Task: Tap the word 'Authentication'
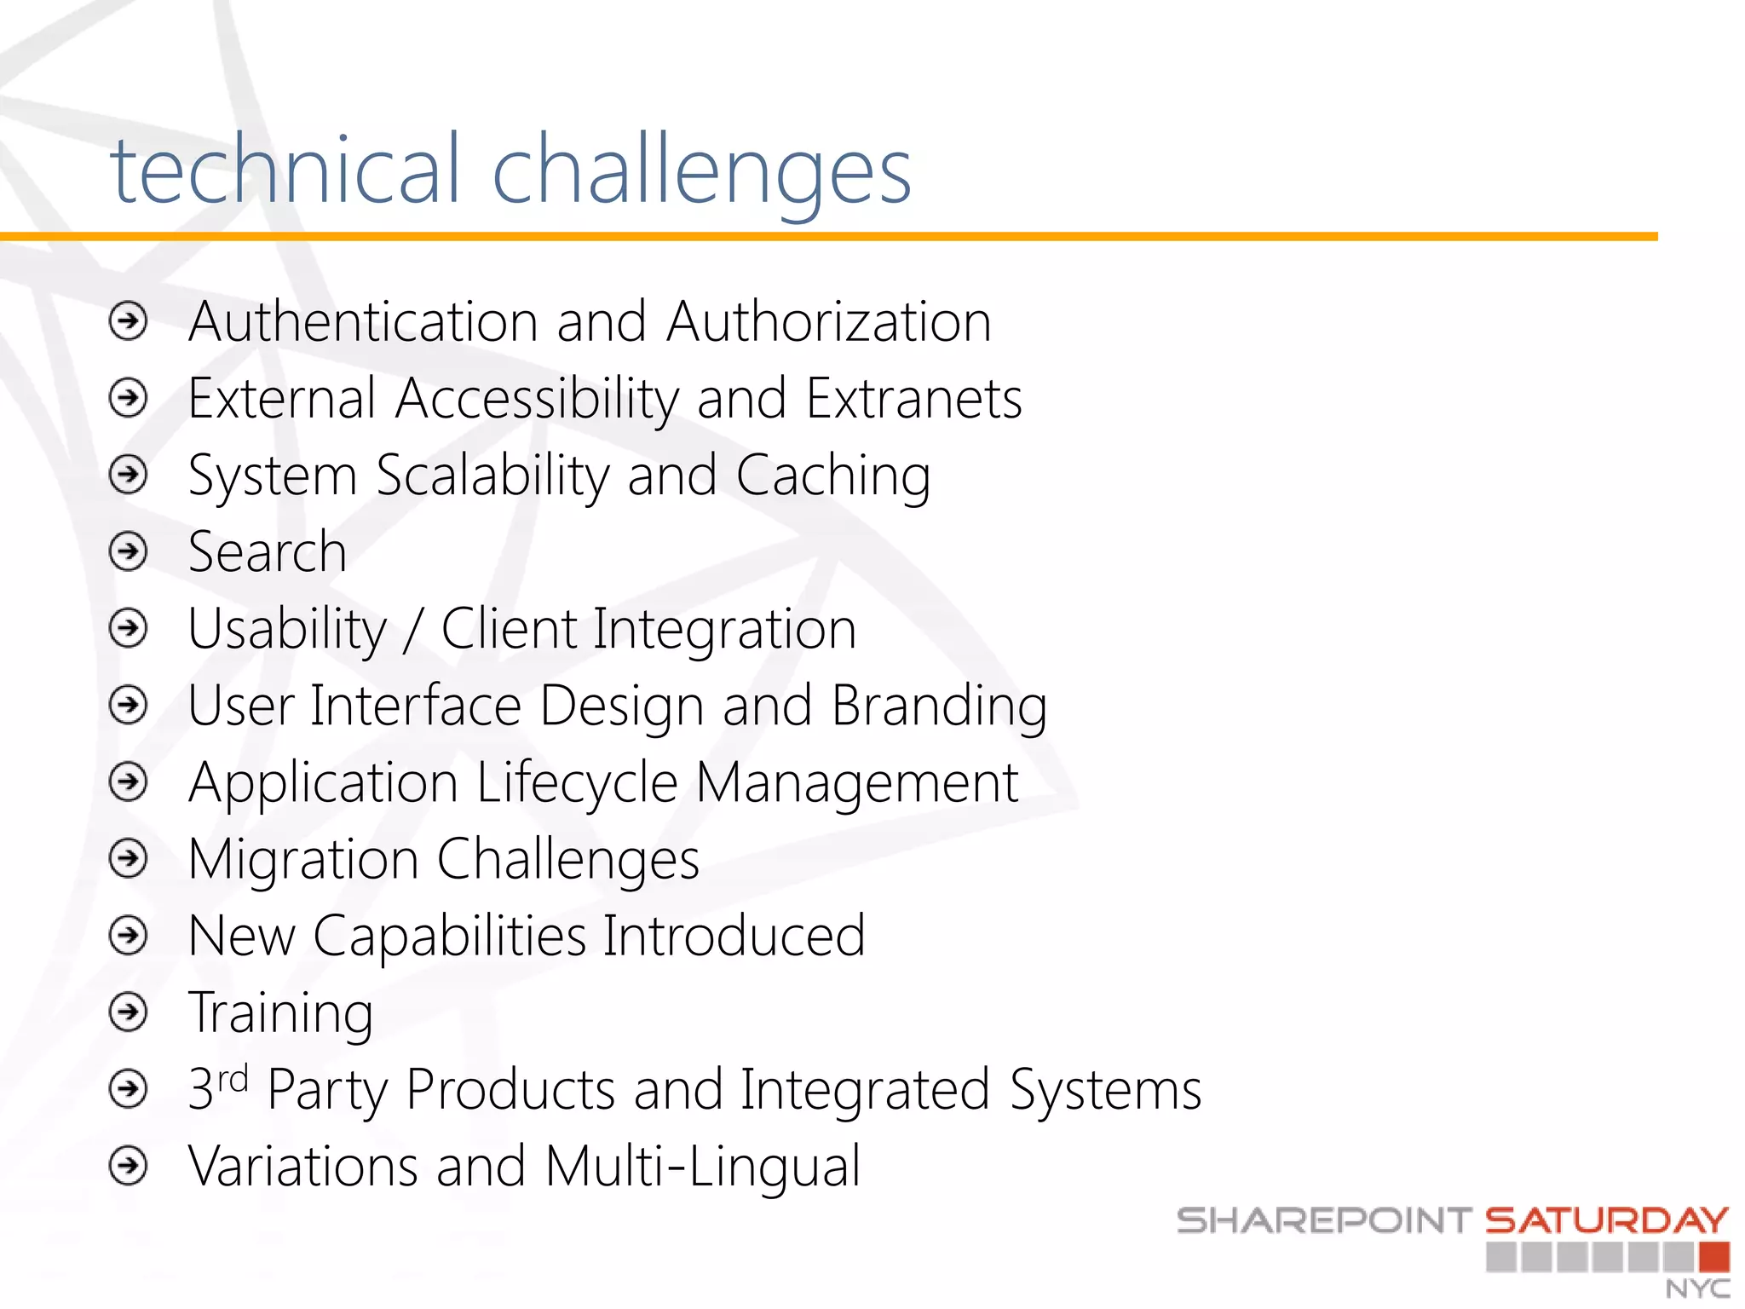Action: [x=363, y=322]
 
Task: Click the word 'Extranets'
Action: [x=913, y=399]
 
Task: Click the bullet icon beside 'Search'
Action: [x=129, y=551]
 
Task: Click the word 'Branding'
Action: [x=939, y=707]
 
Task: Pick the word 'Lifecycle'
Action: [x=577, y=783]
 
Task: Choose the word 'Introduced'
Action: [x=734, y=936]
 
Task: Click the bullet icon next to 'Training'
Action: [x=129, y=1012]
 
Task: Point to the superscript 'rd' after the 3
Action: [x=233, y=1079]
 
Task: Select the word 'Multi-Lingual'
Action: [x=703, y=1166]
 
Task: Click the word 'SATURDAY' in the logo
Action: [x=1606, y=1220]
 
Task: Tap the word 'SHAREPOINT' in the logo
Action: [x=1323, y=1220]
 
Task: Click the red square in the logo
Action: [x=1713, y=1257]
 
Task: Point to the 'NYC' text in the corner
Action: [x=1697, y=1288]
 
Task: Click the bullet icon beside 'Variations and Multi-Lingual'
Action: [x=129, y=1166]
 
